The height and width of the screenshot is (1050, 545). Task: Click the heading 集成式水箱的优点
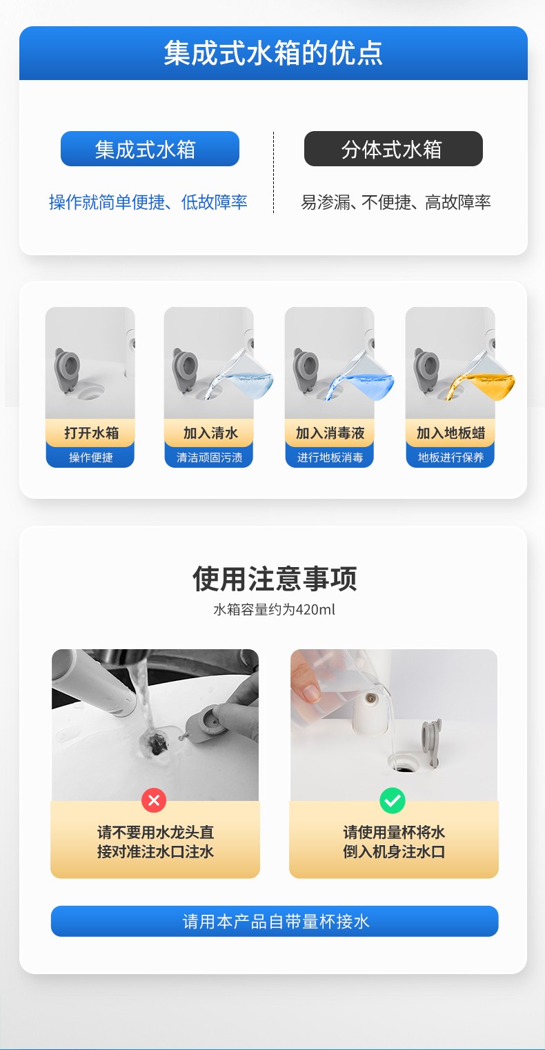pyautogui.click(x=273, y=52)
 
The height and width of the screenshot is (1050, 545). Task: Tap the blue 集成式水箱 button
pyautogui.click(x=150, y=148)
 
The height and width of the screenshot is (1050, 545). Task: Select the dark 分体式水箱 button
pyautogui.click(x=393, y=148)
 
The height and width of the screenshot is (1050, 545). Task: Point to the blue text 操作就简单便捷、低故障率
pyautogui.click(x=148, y=202)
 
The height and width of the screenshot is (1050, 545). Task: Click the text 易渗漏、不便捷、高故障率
pyautogui.click(x=395, y=202)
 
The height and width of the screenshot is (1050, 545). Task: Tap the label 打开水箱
pyautogui.click(x=91, y=433)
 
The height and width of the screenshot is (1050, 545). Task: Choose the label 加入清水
pyautogui.click(x=210, y=433)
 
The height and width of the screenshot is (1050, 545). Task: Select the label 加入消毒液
pyautogui.click(x=330, y=433)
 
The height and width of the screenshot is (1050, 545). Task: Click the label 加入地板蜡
pyautogui.click(x=450, y=433)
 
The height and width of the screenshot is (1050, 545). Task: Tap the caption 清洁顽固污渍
pyautogui.click(x=210, y=457)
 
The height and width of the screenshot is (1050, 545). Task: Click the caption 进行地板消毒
pyautogui.click(x=330, y=457)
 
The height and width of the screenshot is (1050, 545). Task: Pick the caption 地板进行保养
pyautogui.click(x=450, y=457)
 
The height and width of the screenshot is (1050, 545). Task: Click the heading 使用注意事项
pyautogui.click(x=275, y=578)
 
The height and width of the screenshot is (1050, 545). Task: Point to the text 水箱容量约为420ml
pyautogui.click(x=274, y=609)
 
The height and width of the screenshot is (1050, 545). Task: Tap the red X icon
pyautogui.click(x=154, y=800)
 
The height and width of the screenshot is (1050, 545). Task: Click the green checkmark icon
pyautogui.click(x=393, y=800)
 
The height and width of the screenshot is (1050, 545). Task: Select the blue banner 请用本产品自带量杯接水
pyautogui.click(x=275, y=921)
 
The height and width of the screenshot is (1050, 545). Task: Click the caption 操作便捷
pyautogui.click(x=91, y=457)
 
